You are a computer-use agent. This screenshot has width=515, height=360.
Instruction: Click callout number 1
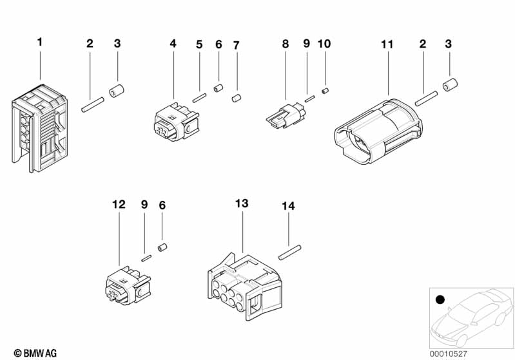(40, 42)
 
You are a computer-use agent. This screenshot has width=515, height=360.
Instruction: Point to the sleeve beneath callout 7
(236, 99)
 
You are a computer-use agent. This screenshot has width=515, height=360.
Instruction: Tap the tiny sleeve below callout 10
(326, 90)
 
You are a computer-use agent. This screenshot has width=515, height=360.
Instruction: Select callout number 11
(387, 44)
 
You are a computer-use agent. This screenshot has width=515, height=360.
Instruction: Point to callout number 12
(119, 205)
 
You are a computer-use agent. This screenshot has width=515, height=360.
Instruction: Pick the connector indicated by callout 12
(125, 285)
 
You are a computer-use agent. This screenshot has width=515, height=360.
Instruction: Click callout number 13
(242, 204)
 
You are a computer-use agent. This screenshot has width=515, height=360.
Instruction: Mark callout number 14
(288, 207)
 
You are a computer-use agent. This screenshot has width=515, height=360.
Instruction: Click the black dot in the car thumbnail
(440, 299)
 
